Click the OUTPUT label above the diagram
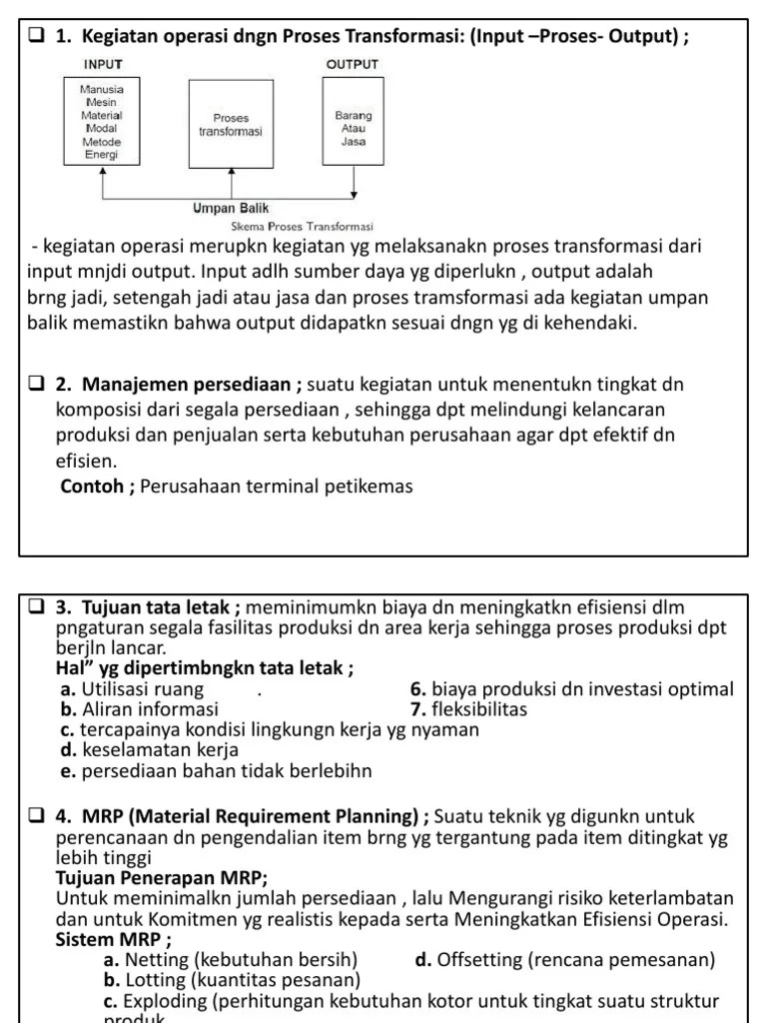click(353, 64)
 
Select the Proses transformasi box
click(231, 124)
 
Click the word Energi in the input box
click(100, 155)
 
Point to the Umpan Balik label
click(232, 209)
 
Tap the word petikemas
click(372, 487)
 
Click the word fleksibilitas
click(480, 709)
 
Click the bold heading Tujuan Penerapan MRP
click(161, 878)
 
